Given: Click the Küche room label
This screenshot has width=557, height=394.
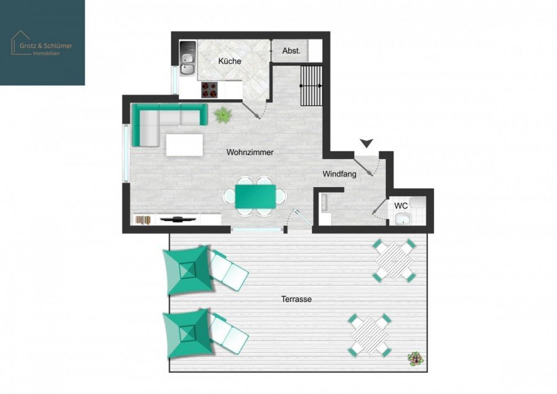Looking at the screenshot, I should (x=229, y=61).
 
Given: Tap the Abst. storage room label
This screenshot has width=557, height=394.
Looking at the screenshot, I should (x=291, y=51).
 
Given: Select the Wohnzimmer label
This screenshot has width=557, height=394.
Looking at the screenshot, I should (x=250, y=153).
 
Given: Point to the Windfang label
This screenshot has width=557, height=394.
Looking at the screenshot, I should (x=339, y=174).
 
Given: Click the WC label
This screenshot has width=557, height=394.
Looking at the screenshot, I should (x=401, y=206).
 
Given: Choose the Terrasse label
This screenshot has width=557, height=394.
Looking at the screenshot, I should (x=296, y=299).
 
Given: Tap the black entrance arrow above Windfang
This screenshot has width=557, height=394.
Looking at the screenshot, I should (x=366, y=143).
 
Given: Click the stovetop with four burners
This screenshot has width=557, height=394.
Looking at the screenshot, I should (x=209, y=90).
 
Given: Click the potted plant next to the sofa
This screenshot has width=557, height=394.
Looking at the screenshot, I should (x=223, y=114).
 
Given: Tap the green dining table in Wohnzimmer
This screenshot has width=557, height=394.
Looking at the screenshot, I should (x=255, y=196).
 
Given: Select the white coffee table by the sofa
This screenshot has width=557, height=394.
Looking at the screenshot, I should (x=184, y=144).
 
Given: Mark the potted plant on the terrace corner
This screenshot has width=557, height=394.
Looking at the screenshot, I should (x=415, y=359).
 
